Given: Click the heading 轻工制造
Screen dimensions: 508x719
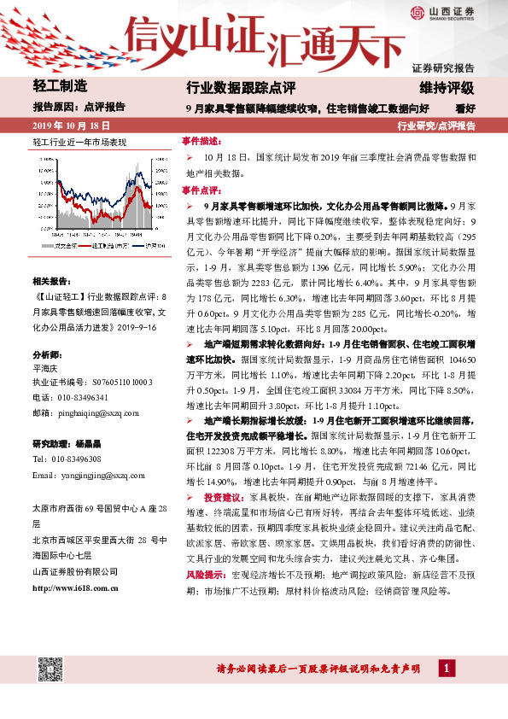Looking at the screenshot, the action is (59, 86).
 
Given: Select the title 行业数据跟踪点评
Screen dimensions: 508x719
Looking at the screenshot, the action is (241, 87).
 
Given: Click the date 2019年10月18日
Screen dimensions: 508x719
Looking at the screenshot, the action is (69, 125).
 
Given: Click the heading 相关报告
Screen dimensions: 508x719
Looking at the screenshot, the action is (51, 279).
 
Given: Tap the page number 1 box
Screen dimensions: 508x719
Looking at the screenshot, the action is (447, 667).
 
